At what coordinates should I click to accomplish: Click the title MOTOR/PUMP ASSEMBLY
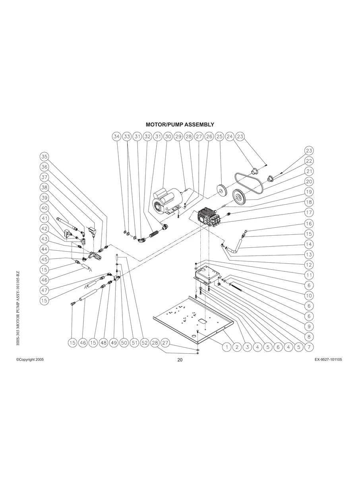click(x=180, y=125)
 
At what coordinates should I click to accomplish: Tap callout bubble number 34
click(x=116, y=136)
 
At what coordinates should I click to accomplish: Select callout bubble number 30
click(x=168, y=136)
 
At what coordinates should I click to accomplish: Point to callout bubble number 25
click(x=219, y=136)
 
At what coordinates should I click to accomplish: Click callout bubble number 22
click(x=309, y=161)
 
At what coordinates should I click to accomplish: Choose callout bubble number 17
click(x=309, y=213)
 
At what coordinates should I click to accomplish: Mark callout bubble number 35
click(x=45, y=156)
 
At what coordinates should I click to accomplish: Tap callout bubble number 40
click(x=45, y=208)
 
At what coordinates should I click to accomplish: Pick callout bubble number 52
click(x=144, y=343)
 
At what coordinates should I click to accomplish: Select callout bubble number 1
click(x=226, y=347)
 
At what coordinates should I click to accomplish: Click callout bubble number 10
click(x=309, y=296)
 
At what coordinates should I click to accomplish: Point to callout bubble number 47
click(x=45, y=290)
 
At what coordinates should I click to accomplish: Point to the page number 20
click(x=180, y=360)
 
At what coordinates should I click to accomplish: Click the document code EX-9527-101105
click(x=328, y=359)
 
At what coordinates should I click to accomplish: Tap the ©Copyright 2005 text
click(x=30, y=359)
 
